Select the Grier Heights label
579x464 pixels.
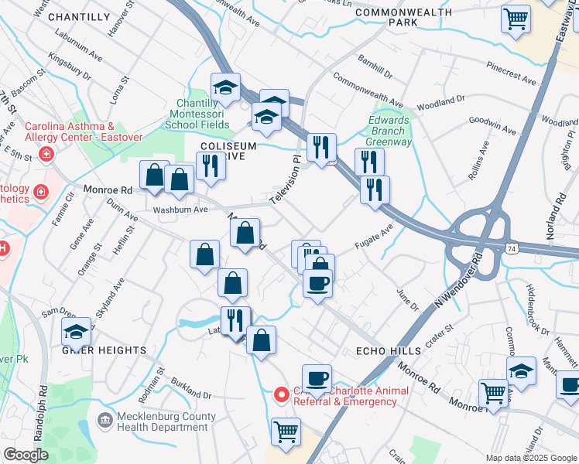104,350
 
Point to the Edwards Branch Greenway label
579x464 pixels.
389,131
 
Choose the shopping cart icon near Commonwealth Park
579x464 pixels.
516,18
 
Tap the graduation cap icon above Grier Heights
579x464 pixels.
77,332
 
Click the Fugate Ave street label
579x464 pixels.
374,236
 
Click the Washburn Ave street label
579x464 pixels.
180,210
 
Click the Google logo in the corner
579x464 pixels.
26,455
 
